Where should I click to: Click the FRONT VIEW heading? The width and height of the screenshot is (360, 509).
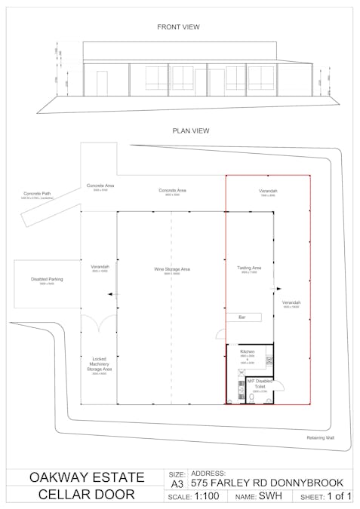(178, 26)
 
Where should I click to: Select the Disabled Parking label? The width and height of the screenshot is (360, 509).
(47, 279)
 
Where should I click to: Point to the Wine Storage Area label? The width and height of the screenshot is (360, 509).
(172, 268)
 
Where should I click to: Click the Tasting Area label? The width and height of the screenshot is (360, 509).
(249, 268)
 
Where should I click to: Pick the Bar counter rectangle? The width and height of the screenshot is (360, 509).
(243, 317)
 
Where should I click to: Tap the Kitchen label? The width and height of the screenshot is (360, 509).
(248, 352)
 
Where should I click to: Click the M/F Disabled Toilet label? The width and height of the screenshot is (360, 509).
(259, 383)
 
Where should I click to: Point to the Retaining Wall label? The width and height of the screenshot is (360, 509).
(320, 437)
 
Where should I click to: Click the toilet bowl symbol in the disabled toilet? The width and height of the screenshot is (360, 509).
(276, 388)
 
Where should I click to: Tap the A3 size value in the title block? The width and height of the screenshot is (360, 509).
(177, 483)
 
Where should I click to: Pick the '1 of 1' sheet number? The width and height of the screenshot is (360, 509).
(339, 497)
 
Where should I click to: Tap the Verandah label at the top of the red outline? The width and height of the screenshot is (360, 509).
(269, 191)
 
